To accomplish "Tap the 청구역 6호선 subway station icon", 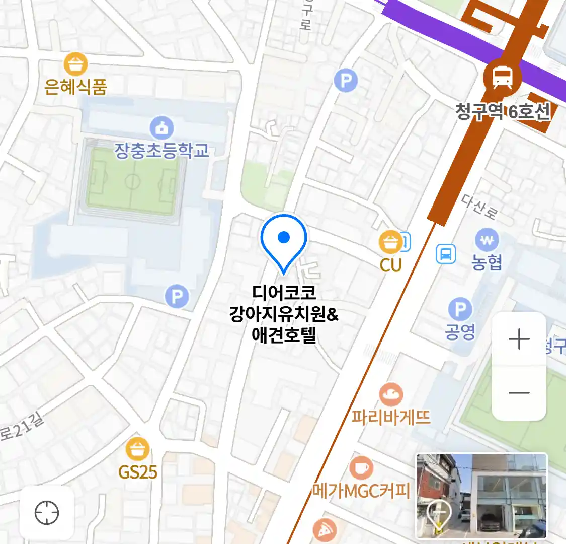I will pyautogui.click(x=502, y=78).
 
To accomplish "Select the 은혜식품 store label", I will pyautogui.click(x=75, y=87).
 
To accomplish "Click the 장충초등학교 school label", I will pyautogui.click(x=161, y=150).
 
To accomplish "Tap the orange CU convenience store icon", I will pyautogui.click(x=390, y=243).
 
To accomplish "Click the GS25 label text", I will pyautogui.click(x=138, y=472).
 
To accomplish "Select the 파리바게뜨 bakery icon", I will pyautogui.click(x=391, y=395).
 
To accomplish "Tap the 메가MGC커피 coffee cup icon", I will pyautogui.click(x=361, y=468).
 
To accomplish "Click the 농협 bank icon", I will pyautogui.click(x=487, y=241).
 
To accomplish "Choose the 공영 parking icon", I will pyautogui.click(x=460, y=309).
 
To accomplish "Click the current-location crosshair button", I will pyautogui.click(x=47, y=513).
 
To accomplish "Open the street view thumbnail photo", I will pyautogui.click(x=481, y=496).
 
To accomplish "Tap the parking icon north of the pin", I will pyautogui.click(x=346, y=81).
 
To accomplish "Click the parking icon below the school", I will pyautogui.click(x=177, y=297).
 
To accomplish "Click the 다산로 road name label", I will pyautogui.click(x=479, y=207).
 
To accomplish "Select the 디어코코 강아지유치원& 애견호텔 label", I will pyautogui.click(x=284, y=314).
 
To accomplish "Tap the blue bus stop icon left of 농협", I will pyautogui.click(x=445, y=254).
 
